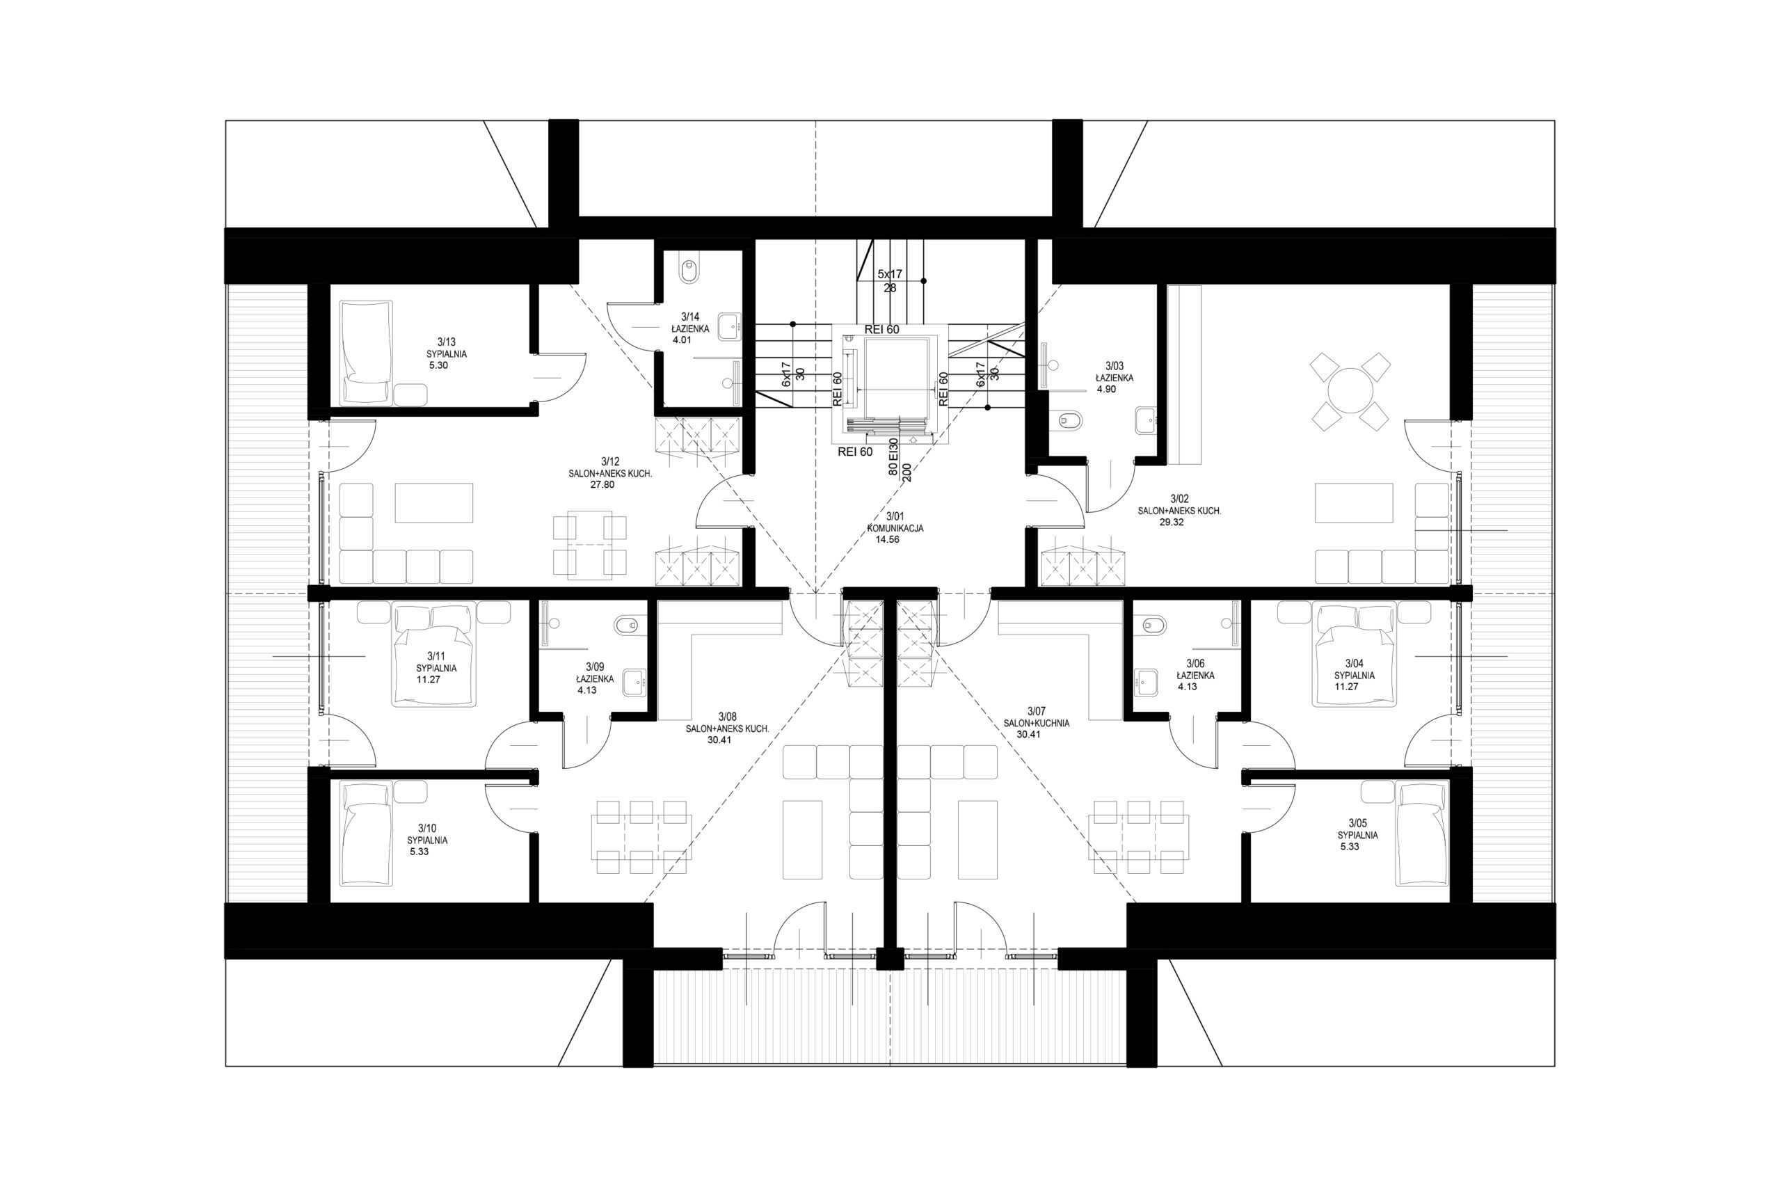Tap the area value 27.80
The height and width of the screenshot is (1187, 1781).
pos(602,484)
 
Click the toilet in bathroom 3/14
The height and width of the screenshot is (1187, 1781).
pos(689,272)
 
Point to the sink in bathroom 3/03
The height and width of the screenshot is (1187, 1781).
pos(1145,420)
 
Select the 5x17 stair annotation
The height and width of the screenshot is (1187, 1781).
pos(889,274)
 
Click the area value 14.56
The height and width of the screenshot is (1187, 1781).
pos(887,540)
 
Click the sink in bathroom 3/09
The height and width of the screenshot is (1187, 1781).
pos(634,681)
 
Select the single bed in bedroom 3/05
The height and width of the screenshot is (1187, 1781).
pos(1421,834)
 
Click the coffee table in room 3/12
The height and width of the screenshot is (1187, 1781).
pos(433,502)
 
